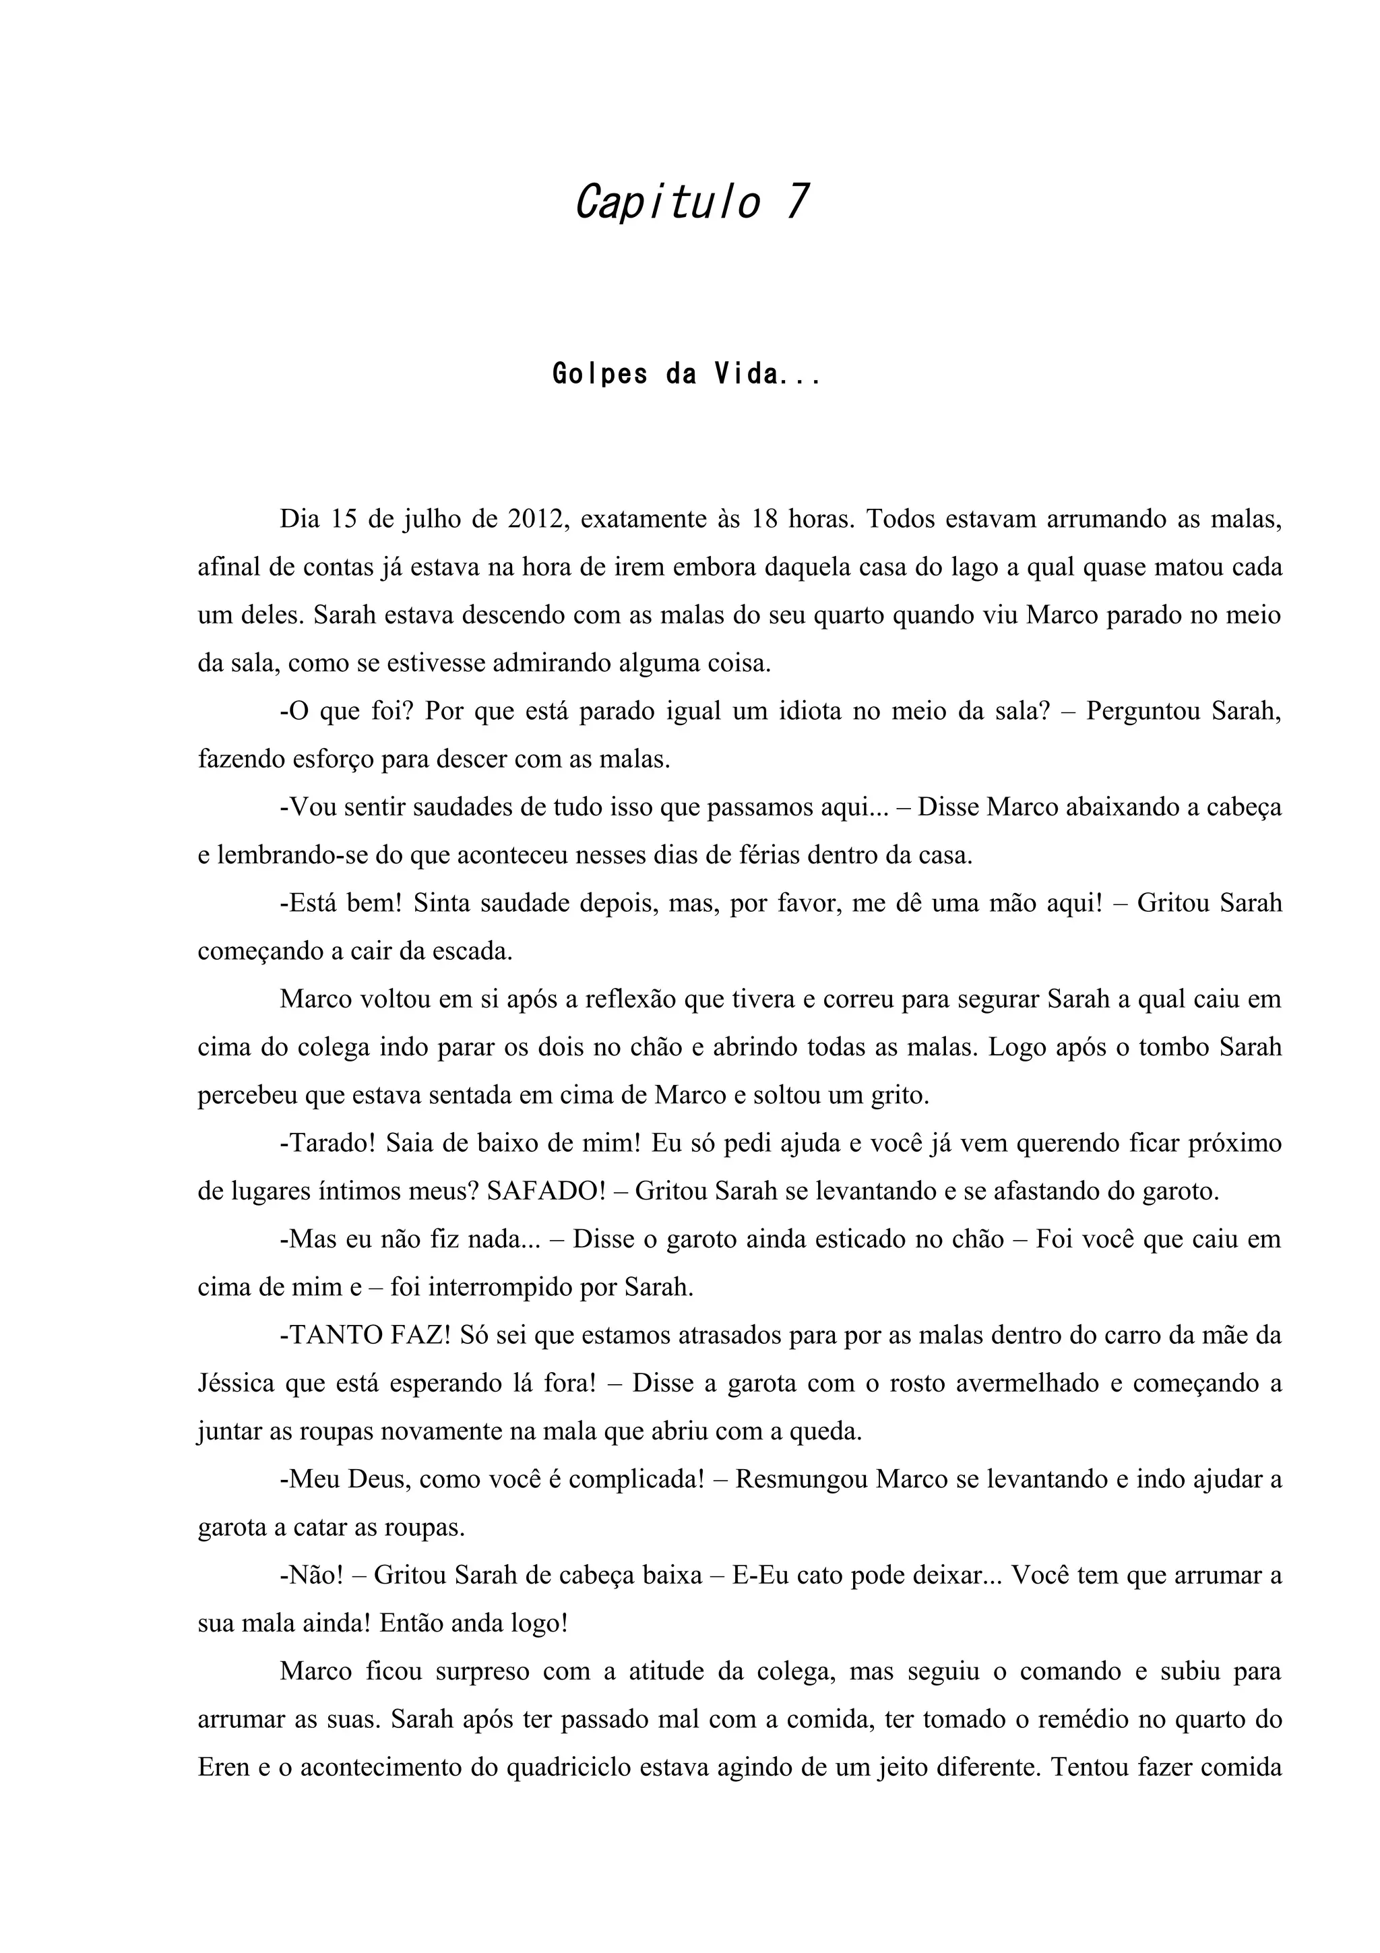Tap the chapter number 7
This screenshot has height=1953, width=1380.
[796, 202]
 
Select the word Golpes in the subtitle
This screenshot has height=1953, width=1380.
[600, 374]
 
